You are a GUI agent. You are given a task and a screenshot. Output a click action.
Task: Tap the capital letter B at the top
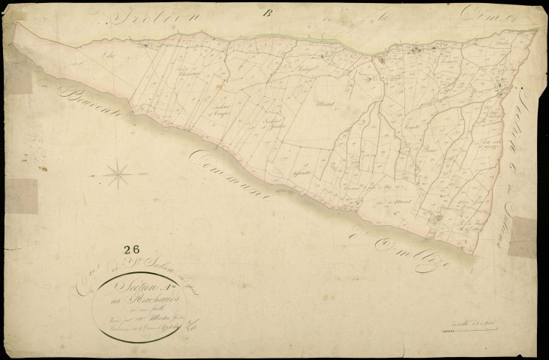(266, 10)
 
